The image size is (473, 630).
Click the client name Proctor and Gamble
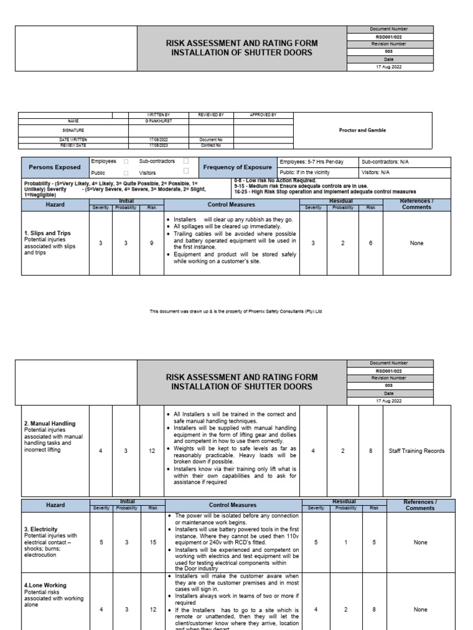coord(363,130)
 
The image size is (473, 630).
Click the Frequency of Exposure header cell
coord(237,167)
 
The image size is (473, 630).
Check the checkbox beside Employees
coord(126,162)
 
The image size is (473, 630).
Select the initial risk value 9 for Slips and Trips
coord(152,243)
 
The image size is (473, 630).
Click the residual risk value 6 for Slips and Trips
coord(371,243)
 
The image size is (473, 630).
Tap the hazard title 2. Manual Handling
coord(50,423)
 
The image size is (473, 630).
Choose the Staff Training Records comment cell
coord(416,451)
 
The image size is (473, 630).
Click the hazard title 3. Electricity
coord(41,529)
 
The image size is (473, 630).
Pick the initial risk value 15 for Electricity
coord(152,543)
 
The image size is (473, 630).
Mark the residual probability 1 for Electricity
coord(342,543)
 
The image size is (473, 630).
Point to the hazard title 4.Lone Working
coord(46,585)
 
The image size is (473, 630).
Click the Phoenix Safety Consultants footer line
coord(236,311)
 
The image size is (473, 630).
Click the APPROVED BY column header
coord(263,115)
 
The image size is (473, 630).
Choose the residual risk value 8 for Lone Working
coord(371,610)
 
